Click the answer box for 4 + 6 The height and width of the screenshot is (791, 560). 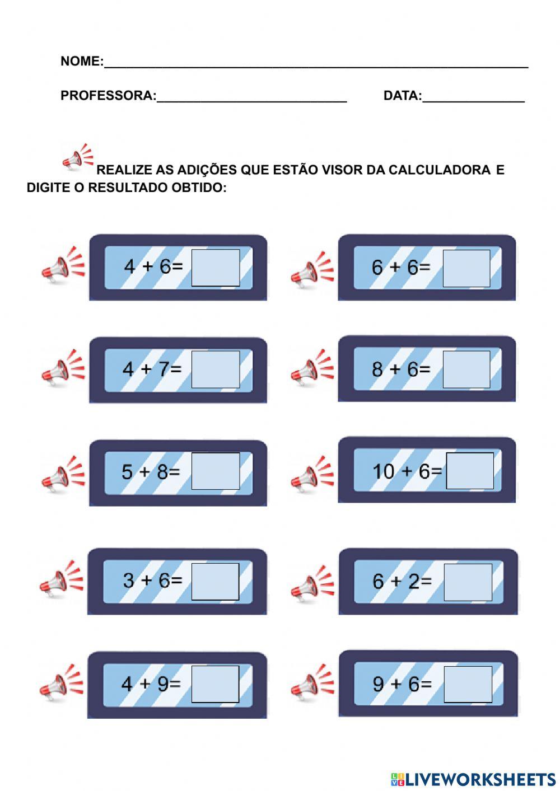(x=216, y=268)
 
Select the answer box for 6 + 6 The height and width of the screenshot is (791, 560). (x=466, y=268)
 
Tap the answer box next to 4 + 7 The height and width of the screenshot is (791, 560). (x=216, y=369)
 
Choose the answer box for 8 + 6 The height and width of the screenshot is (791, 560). (x=466, y=369)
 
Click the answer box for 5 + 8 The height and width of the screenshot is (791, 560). (x=216, y=471)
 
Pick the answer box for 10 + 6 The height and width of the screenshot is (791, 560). (x=470, y=471)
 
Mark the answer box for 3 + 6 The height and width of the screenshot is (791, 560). (x=215, y=582)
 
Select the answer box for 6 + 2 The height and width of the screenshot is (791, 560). (x=468, y=582)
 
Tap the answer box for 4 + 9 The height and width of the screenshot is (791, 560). (x=215, y=684)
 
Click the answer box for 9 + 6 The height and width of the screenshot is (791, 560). (x=468, y=684)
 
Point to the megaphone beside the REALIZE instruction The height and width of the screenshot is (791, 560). (x=77, y=157)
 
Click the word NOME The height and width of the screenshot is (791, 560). (x=81, y=61)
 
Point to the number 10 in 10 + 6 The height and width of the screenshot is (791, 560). (x=384, y=471)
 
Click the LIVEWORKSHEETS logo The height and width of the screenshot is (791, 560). (x=473, y=779)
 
